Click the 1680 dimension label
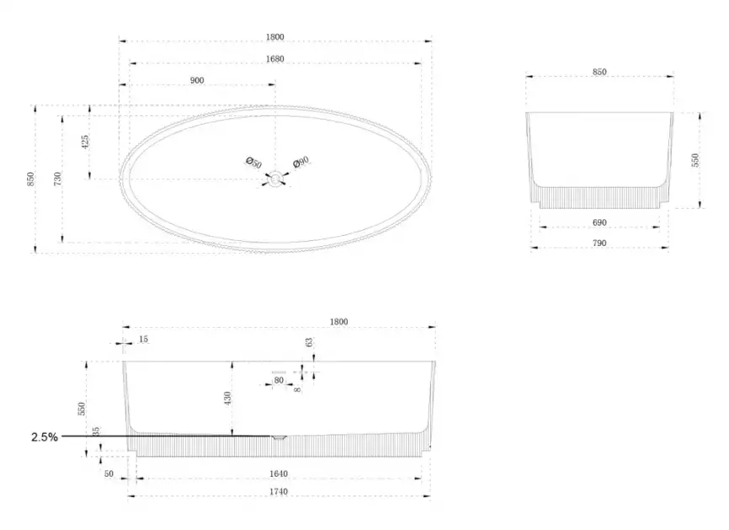coord(274,59)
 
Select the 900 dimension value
coord(197,81)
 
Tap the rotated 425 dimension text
coord(85,142)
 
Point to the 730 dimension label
coord(57,179)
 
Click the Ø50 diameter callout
coord(254,163)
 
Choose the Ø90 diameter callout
coord(301,162)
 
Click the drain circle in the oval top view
coord(276,179)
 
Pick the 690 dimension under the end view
coord(599,222)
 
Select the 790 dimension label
coord(599,243)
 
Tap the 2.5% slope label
coord(45,437)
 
